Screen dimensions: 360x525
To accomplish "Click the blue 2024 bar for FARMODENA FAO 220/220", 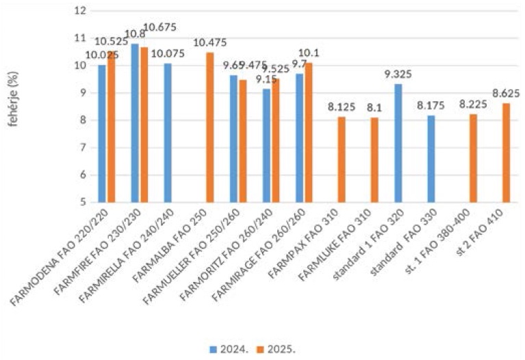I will [x=102, y=133].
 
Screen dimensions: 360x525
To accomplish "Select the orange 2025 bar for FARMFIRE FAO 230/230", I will [x=143, y=125].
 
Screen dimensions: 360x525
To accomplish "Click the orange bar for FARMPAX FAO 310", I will [x=341, y=159].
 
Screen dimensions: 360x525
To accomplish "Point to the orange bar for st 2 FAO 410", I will [x=506, y=153].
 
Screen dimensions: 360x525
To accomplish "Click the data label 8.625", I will [x=506, y=94].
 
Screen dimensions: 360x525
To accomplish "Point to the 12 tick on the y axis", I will [x=80, y=11].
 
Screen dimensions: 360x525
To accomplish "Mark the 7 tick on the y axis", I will [x=82, y=148].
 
